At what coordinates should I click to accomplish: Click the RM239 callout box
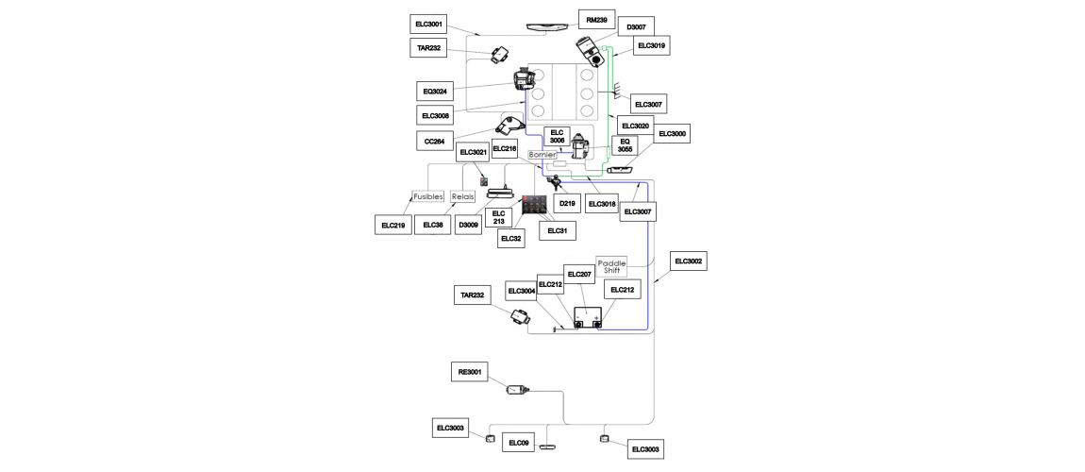click(x=596, y=20)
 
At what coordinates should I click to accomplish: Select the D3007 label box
click(x=637, y=27)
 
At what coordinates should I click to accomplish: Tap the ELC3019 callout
click(x=653, y=45)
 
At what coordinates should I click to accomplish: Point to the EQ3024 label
click(x=435, y=91)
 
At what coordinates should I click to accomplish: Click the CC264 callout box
click(x=435, y=142)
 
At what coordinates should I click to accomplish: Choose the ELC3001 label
click(x=429, y=25)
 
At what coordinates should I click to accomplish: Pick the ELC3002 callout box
click(x=688, y=261)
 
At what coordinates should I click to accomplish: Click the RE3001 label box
click(x=470, y=372)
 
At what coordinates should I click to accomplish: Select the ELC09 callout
click(x=519, y=442)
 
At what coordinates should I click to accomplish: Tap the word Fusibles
click(x=427, y=196)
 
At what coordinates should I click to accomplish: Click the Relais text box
click(x=463, y=196)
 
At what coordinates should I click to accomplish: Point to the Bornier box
click(x=542, y=155)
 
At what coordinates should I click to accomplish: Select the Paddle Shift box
click(x=611, y=266)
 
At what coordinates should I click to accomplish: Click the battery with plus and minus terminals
click(x=588, y=317)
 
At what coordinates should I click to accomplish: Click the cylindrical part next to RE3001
click(x=519, y=390)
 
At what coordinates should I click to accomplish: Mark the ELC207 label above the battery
click(x=580, y=275)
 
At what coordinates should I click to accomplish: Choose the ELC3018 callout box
click(x=601, y=204)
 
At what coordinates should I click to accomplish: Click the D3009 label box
click(x=470, y=225)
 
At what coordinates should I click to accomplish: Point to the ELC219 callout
click(x=393, y=225)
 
